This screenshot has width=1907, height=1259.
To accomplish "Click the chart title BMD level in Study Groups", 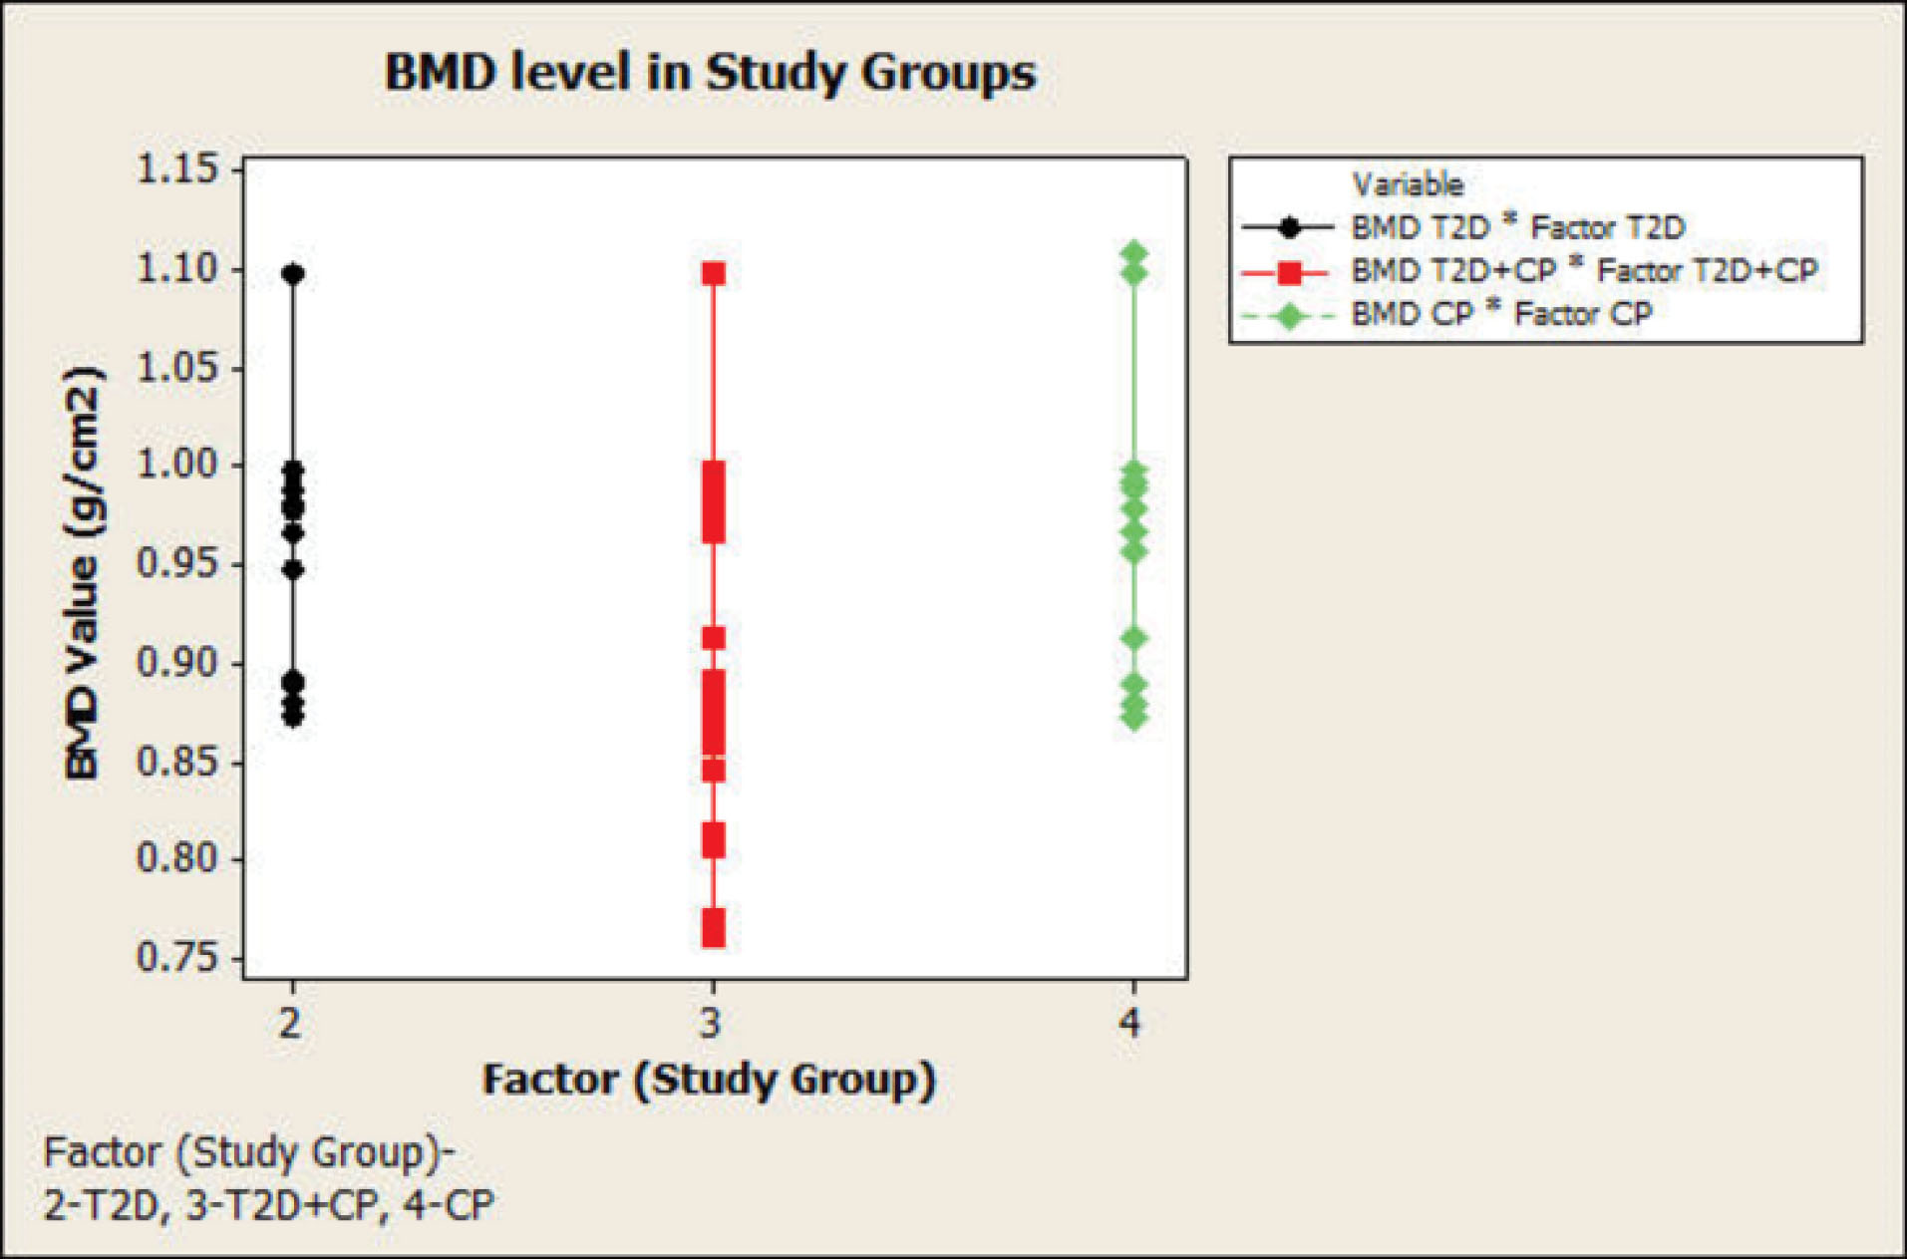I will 710,73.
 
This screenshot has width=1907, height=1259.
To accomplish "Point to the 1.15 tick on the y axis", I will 177,169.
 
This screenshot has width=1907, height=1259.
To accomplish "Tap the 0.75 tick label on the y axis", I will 177,958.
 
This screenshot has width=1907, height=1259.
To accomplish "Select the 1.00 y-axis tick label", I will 177,465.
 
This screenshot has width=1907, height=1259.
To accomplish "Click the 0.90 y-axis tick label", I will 177,662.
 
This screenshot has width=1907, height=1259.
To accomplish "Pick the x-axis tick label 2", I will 290,1023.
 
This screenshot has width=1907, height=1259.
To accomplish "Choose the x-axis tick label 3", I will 711,1023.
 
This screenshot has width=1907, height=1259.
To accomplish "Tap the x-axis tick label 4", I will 1130,1023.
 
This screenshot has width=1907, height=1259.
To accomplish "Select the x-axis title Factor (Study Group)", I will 709,1081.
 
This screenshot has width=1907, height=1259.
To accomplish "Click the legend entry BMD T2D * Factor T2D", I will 1517,227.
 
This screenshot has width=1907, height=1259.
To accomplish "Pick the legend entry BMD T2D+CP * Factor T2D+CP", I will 1584,270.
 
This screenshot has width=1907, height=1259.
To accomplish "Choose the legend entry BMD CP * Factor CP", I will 1501,314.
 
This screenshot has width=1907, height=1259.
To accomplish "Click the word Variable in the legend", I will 1407,184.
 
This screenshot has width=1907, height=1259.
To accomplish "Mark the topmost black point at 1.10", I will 293,274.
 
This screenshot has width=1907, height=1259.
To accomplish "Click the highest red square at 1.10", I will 714,273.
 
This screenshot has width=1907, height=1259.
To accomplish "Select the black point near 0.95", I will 293,570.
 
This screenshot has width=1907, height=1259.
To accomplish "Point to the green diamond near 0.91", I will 1133,639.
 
